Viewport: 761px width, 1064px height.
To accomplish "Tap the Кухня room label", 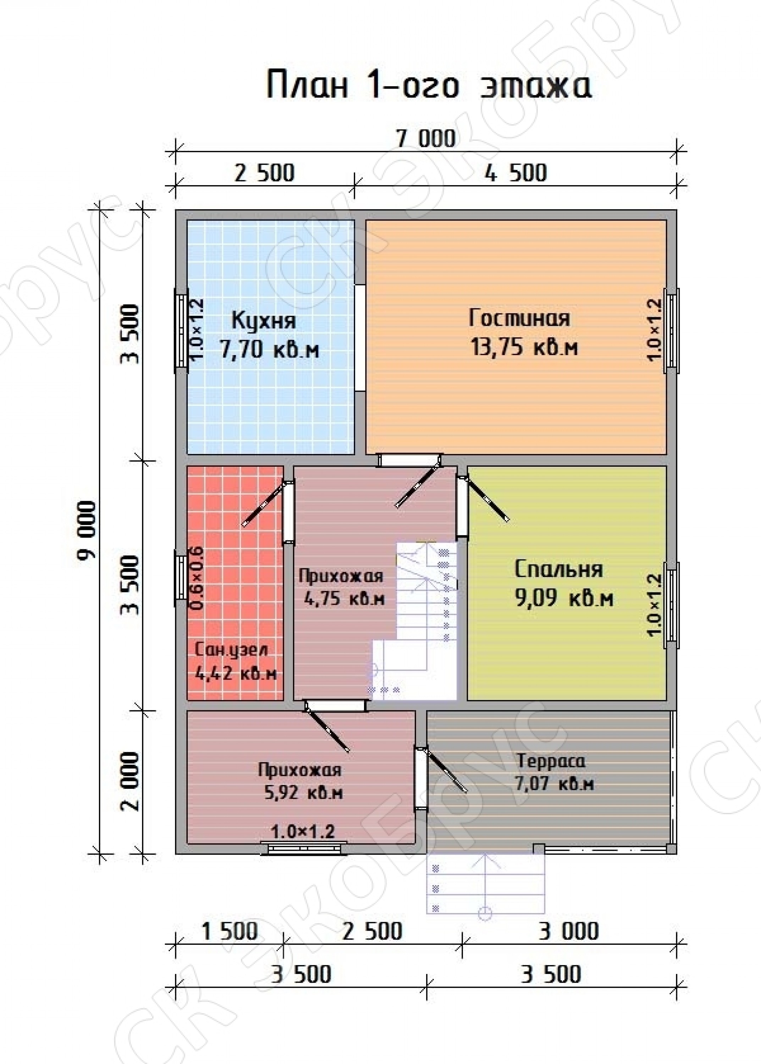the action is click(x=264, y=322).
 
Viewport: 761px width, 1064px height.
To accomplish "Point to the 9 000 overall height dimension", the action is click(x=88, y=530).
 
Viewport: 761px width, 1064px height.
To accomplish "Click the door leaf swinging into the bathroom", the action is click(x=263, y=505).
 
